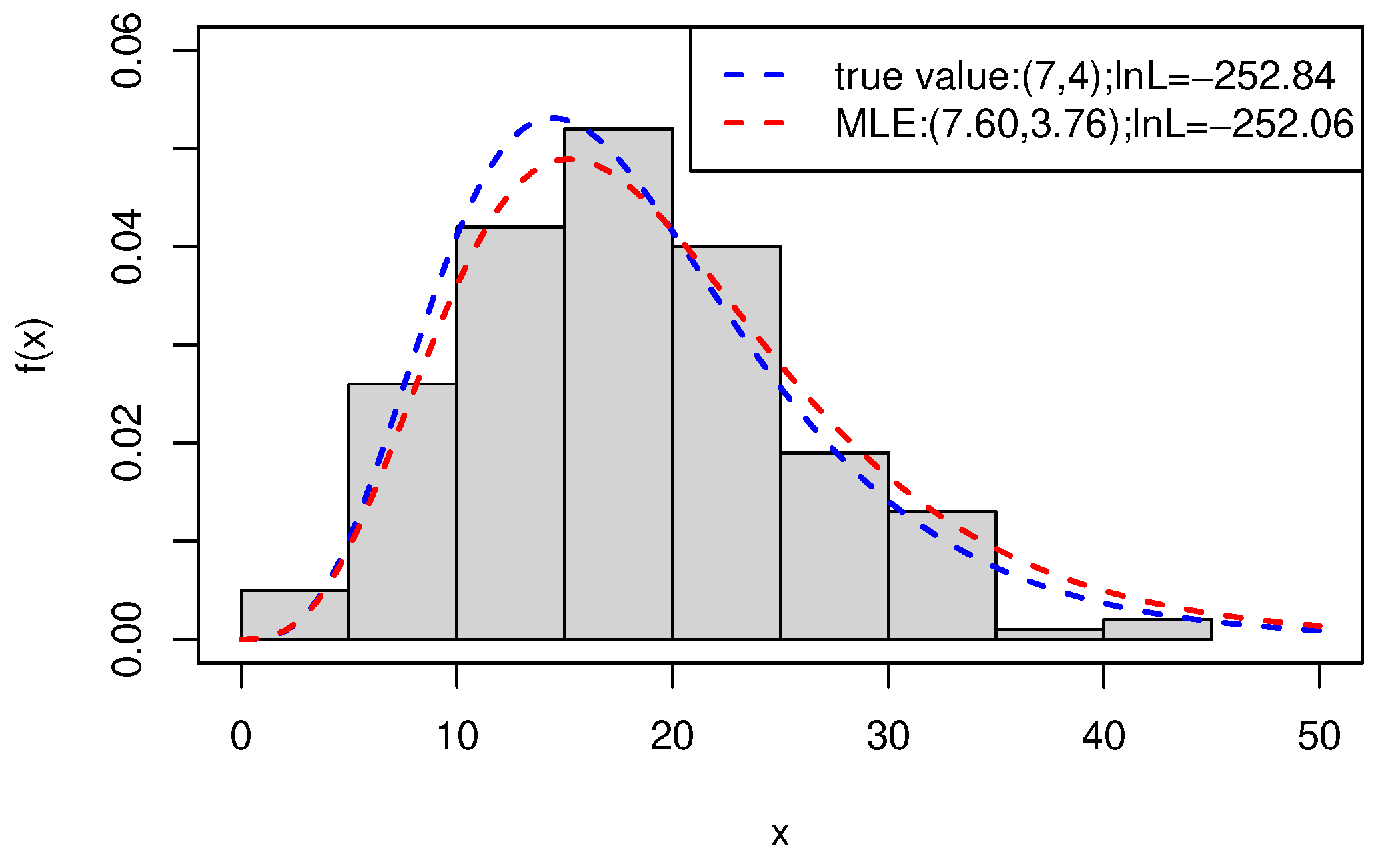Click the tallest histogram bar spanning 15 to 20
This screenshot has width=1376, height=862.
coord(618,400)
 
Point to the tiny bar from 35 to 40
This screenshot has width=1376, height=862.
coord(1050,634)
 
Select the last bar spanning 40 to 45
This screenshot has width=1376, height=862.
coord(1158,629)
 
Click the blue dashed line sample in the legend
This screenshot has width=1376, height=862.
coord(754,75)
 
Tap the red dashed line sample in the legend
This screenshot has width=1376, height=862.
coord(754,123)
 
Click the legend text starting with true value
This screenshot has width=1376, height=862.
coord(1084,76)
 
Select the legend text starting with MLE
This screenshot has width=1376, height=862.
coord(1093,124)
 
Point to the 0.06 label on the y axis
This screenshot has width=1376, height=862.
coord(127,51)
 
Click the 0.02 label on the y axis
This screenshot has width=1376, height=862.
coord(127,443)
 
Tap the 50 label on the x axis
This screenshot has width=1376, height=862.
coord(1319,737)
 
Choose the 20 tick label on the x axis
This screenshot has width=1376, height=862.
coord(672,737)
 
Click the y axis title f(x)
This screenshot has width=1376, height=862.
coord(33,345)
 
